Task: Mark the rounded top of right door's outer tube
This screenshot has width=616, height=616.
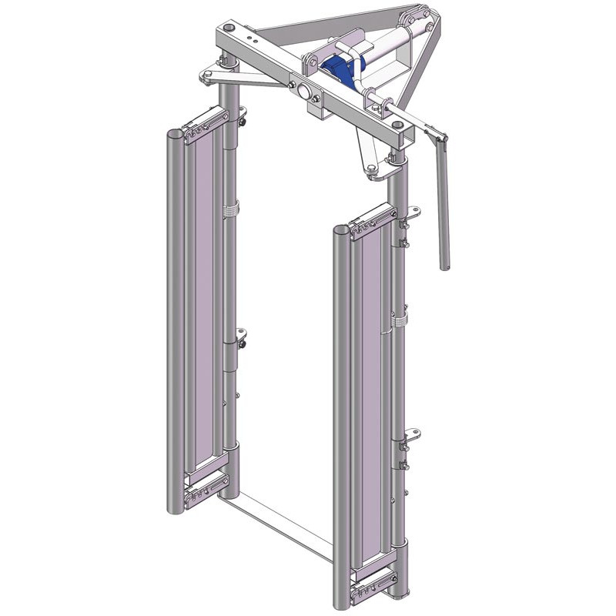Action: coord(342,229)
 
